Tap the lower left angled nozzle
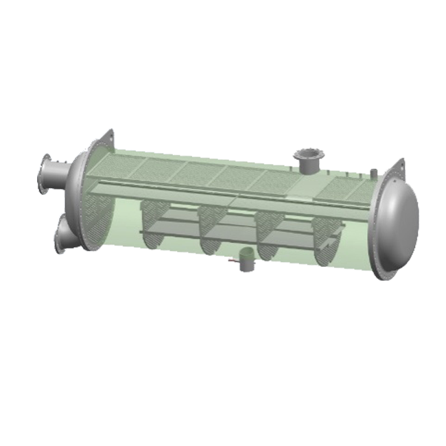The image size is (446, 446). [65, 232]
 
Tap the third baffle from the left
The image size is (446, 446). [266, 237]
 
